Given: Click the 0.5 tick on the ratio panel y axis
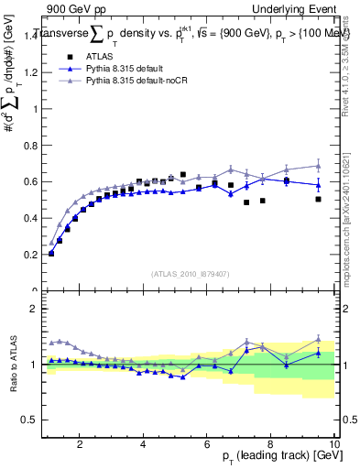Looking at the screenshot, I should (x=30, y=420).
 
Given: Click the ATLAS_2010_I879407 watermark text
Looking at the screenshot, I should (x=191, y=273).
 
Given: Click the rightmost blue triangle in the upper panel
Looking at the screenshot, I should (x=318, y=185).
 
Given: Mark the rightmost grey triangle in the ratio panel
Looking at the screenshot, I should (x=318, y=338).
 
